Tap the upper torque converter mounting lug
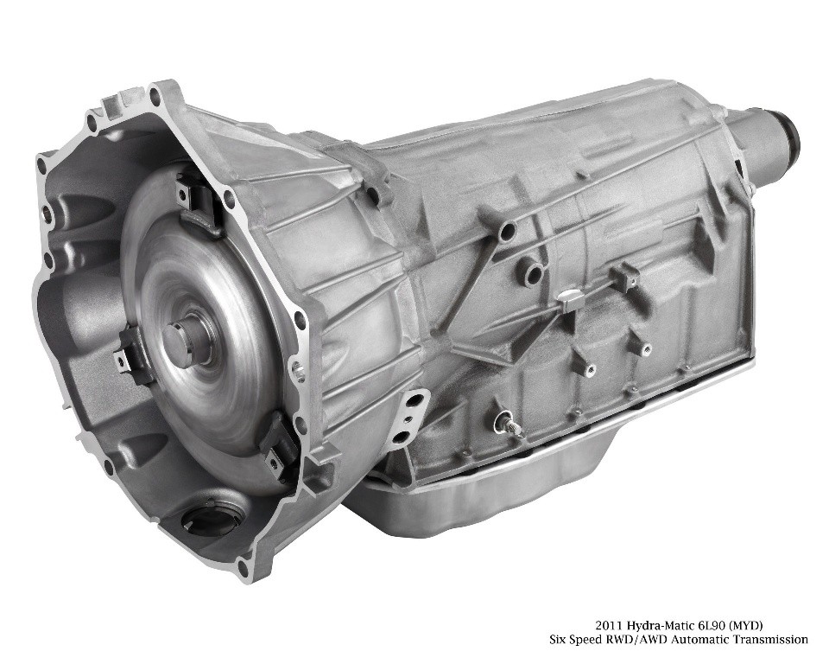(196, 201)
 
